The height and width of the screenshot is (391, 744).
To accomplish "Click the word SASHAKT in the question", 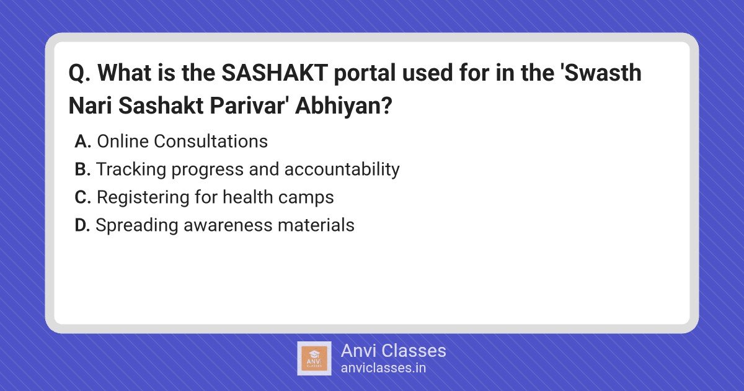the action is coord(275,73).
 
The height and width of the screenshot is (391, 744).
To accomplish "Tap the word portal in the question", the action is coord(365,73).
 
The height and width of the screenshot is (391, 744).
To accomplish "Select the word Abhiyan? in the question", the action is coord(343,106).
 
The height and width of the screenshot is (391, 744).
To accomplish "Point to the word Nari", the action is coord(90,106).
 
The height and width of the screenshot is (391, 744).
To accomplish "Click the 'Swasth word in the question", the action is coord(601,73).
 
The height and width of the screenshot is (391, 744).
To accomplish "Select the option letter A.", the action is coord(82,142).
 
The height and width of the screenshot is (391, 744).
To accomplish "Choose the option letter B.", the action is coord(82,169).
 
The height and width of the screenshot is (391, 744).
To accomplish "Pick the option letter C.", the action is coord(82,197).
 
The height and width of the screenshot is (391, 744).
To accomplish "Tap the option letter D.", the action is coord(82,225).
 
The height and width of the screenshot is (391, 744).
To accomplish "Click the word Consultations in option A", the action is coord(211,142).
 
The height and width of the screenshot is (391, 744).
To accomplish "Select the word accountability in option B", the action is coord(342,170).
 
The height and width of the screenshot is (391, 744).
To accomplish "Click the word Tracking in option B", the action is coord(131,170).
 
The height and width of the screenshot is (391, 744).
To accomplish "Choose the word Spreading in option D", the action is coord(137,226).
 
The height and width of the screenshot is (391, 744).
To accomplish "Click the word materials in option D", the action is coord(316,225).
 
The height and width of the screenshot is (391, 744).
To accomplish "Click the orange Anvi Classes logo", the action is coord(314,359).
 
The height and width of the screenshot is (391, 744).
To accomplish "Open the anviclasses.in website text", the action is coord(383,368).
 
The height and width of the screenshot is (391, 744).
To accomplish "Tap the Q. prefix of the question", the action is coord(80,73).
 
